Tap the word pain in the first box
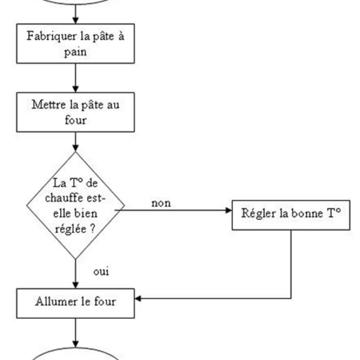(x=75, y=52)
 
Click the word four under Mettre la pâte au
(x=75, y=120)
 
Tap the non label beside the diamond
(x=161, y=203)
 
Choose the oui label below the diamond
(x=101, y=272)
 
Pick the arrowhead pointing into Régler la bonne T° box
(x=229, y=210)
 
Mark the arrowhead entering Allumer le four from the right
(x=138, y=298)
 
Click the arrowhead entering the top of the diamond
(x=76, y=148)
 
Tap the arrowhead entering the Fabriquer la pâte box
(x=76, y=20)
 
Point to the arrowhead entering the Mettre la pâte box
(x=76, y=89)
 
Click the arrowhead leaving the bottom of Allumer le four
(x=76, y=344)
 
